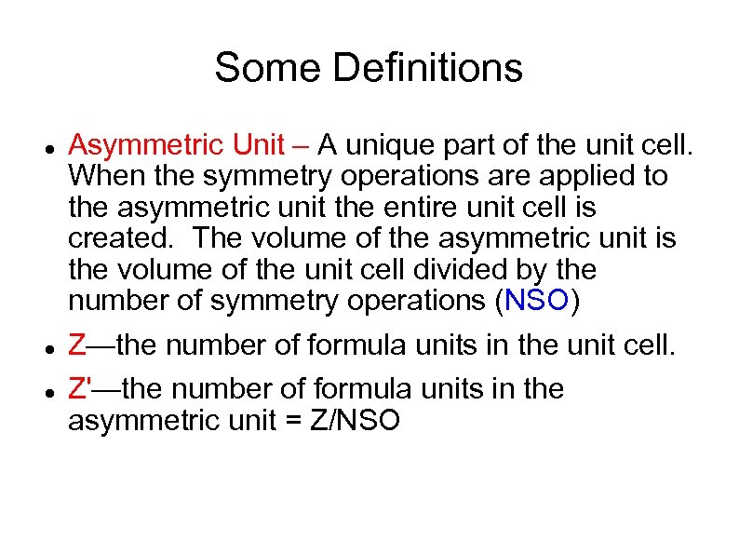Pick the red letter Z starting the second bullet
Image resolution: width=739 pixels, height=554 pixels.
tap(78, 346)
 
